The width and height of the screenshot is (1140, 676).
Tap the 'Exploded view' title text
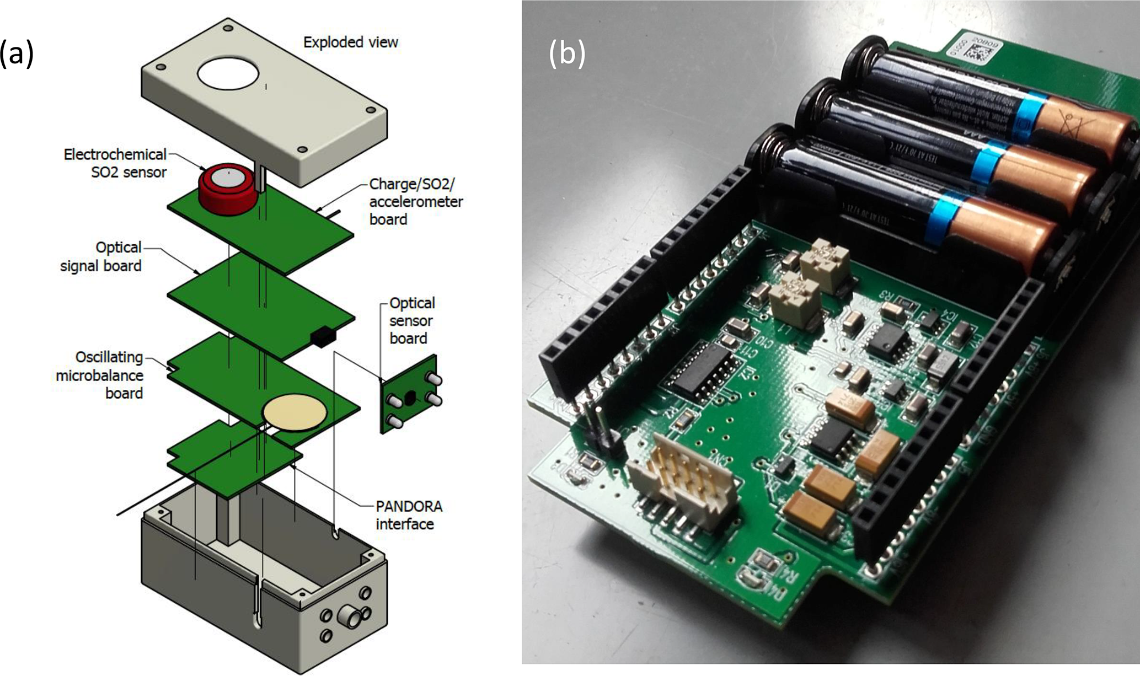click(x=350, y=42)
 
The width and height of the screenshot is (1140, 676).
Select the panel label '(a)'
click(x=17, y=54)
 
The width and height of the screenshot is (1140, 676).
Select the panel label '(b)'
click(x=566, y=54)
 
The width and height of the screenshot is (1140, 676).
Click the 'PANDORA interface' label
click(x=409, y=515)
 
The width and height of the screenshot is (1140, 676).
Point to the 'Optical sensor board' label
click(x=411, y=320)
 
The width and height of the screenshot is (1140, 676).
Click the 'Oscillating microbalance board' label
click(x=100, y=375)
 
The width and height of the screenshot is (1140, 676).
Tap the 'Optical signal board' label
click(x=101, y=256)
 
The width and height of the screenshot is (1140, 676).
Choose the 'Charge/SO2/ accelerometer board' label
click(x=415, y=201)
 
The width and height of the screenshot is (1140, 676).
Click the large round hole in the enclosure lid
click(x=228, y=74)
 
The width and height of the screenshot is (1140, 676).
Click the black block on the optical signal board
click(x=323, y=337)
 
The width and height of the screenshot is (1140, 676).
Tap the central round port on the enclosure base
click(x=350, y=614)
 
